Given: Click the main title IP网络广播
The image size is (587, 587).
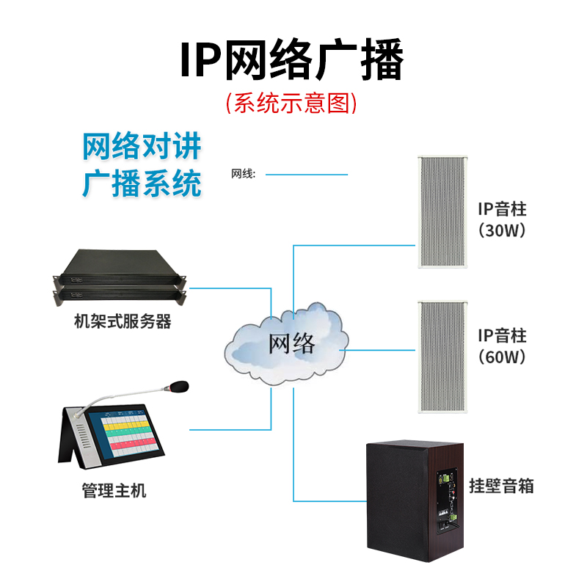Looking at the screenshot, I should pos(292,62).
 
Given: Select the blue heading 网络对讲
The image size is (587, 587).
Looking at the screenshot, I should pos(142,147).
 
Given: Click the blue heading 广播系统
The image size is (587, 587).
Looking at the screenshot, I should pos(142,183).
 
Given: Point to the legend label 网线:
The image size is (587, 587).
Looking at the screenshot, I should pos(244,175).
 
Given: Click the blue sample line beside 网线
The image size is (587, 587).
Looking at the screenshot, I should pos(306,175).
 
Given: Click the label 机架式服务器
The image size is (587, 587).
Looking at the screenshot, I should pos(123,321).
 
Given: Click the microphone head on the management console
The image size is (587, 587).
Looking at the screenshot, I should pos(179,385).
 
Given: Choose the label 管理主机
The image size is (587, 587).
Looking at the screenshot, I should pos(114,490).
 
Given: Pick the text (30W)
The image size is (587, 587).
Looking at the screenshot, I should pos(502,230).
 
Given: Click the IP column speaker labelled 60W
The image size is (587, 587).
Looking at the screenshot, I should pos(442,357).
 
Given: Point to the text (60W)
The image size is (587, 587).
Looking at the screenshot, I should pos(502,357).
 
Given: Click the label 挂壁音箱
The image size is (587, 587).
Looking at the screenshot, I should pos(502,486).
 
